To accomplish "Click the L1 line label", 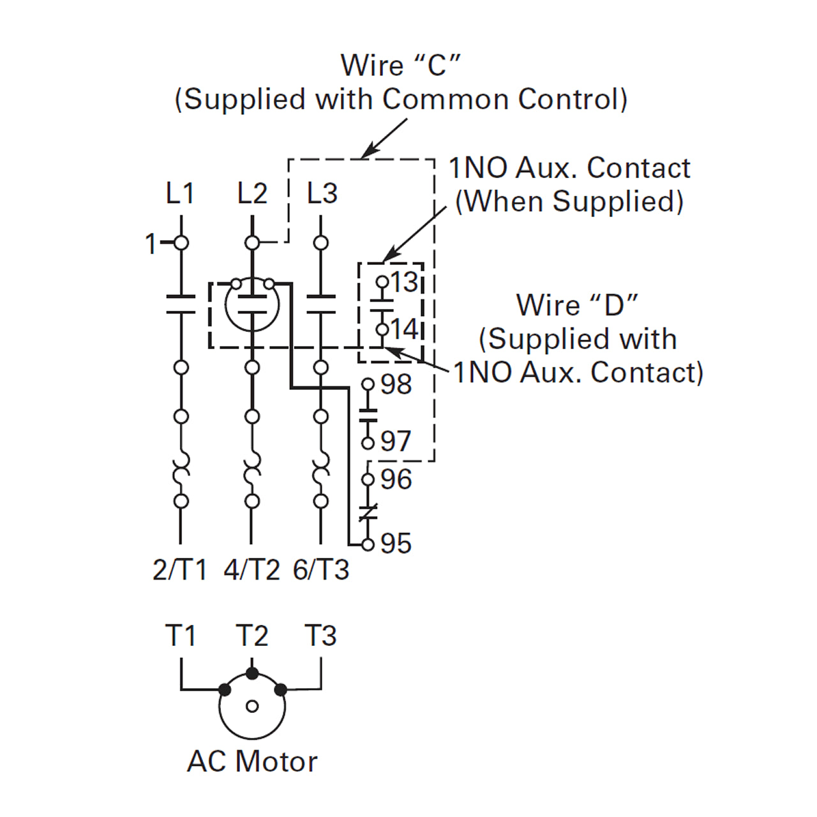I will [180, 193].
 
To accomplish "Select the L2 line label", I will [252, 193].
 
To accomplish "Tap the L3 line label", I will [322, 193].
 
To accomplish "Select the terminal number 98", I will [396, 384].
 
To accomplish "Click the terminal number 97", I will [396, 441].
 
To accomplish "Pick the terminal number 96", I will [396, 479].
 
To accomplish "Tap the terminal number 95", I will [396, 544].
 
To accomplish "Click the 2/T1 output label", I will [180, 570].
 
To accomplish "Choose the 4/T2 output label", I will [252, 570].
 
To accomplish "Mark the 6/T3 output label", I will [321, 570].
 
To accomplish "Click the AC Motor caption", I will [252, 761].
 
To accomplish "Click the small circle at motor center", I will [252, 707].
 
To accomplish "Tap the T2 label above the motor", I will [252, 636].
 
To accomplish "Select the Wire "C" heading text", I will [401, 65].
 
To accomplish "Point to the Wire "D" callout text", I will [578, 305].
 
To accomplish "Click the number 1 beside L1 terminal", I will [151, 244].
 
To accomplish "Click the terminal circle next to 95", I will [367, 544].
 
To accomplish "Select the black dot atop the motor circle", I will [252, 673].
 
